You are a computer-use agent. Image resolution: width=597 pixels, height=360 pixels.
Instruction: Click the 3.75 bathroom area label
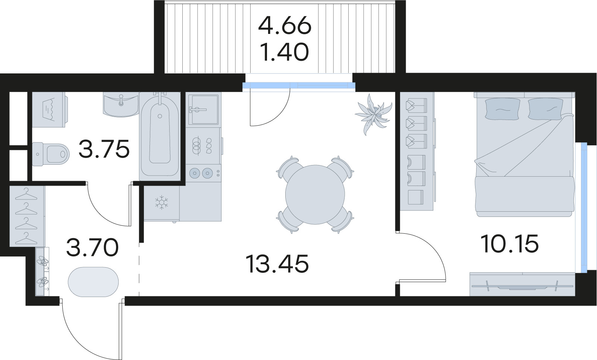pyautogui.click(x=104, y=149)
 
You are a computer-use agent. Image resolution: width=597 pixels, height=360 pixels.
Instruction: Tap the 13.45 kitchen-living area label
pyautogui.click(x=278, y=263)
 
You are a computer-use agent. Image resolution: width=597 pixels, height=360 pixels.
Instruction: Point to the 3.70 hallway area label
pyautogui.click(x=92, y=247)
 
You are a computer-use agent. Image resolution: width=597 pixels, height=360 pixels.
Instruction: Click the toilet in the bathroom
pyautogui.click(x=51, y=154)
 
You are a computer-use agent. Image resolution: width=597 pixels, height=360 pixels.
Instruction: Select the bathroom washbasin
pyautogui.click(x=121, y=105)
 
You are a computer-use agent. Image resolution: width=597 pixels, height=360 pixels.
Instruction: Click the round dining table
pyautogui.click(x=315, y=195)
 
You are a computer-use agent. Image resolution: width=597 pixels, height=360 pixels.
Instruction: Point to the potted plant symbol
pyautogui.click(x=374, y=114)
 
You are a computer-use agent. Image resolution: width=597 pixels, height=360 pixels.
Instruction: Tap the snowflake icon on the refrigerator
pyautogui.click(x=161, y=202)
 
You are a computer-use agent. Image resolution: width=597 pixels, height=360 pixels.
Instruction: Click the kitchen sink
pyautogui.click(x=203, y=110)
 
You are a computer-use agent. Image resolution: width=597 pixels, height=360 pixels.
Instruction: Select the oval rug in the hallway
pyautogui.click(x=93, y=282)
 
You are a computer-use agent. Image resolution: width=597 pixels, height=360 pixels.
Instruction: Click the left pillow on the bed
pyautogui.click(x=503, y=109)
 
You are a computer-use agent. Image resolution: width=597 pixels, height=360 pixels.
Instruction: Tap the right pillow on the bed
pyautogui.click(x=545, y=109)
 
